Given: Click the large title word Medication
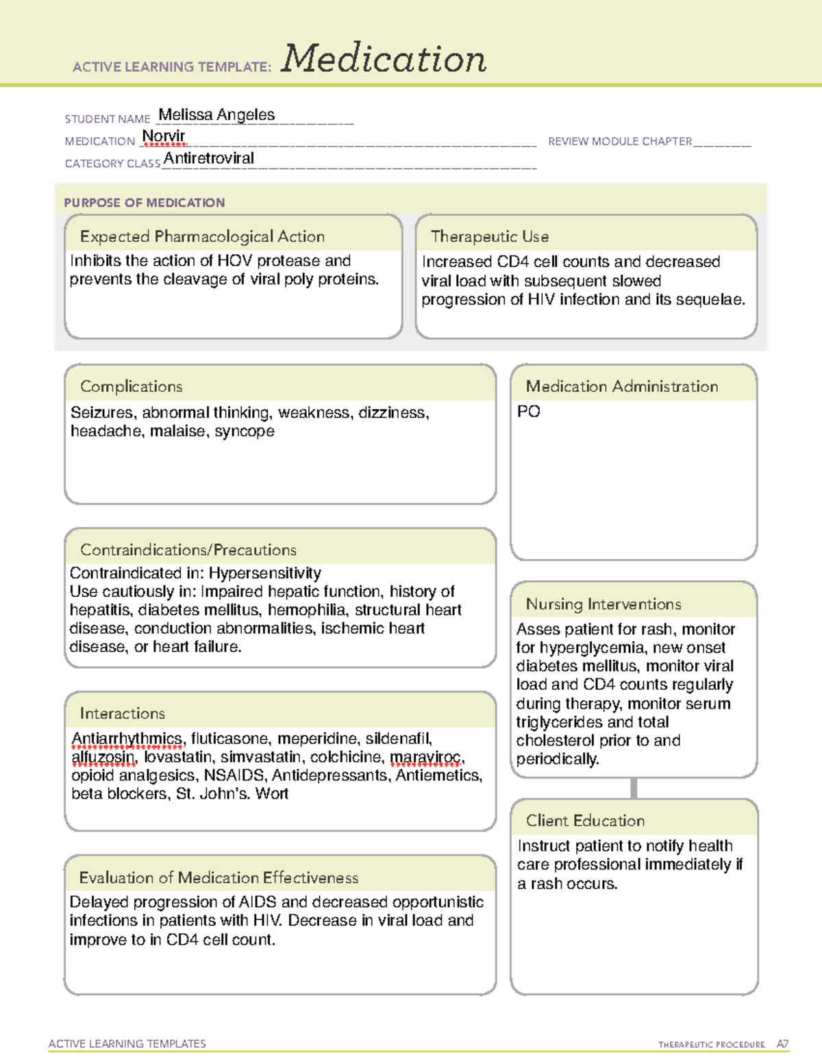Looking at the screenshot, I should (x=384, y=59).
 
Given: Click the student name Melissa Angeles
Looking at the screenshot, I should (x=216, y=115).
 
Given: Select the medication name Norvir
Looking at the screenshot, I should (x=164, y=136).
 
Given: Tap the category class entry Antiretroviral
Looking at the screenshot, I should (x=209, y=158).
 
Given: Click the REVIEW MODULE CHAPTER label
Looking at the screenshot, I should (x=620, y=141).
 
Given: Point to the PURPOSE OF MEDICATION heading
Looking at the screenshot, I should (x=145, y=203).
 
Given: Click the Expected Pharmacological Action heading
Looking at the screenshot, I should (x=202, y=236).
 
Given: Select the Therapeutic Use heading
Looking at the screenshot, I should (x=490, y=236).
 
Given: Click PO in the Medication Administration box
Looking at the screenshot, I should (x=529, y=412).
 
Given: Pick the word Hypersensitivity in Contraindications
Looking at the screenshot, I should (x=265, y=573).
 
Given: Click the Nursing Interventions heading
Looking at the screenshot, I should (x=603, y=604).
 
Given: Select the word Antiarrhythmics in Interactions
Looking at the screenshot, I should (x=127, y=739).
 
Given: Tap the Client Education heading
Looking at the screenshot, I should (x=585, y=821).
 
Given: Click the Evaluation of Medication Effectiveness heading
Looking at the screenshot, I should (x=219, y=878).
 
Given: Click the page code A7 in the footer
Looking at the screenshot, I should (x=782, y=1044).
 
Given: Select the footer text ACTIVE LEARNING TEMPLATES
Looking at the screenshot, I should (x=127, y=1043).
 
